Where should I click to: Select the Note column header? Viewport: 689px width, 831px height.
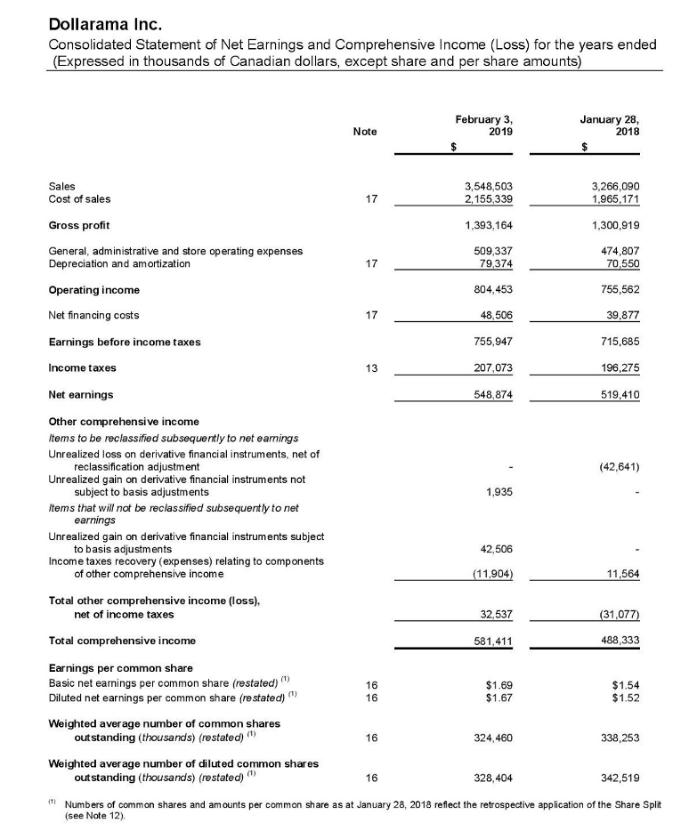(364, 131)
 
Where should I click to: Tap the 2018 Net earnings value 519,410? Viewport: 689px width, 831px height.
(617, 394)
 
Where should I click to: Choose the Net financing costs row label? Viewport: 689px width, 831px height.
(93, 315)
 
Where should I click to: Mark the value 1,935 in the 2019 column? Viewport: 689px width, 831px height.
(499, 491)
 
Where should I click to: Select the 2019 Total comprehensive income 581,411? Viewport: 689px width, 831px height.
(490, 641)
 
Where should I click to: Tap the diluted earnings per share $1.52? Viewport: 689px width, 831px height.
(627, 698)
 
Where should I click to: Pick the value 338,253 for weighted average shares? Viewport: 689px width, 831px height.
(620, 738)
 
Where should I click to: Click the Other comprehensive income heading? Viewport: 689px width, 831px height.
(123, 421)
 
